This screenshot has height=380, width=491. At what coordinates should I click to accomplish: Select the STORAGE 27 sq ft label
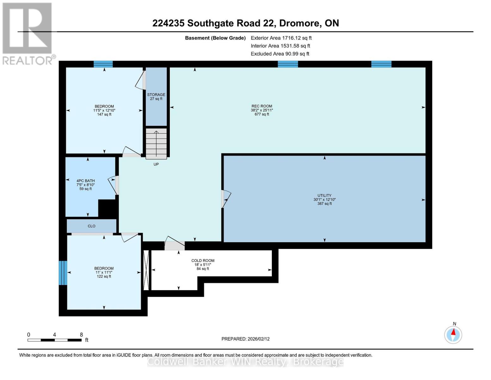[x=156, y=97]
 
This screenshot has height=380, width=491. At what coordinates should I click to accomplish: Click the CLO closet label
[x=91, y=226]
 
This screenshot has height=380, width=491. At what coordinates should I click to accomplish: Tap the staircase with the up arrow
[x=156, y=143]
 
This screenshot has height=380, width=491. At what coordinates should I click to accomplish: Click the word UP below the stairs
[x=156, y=164]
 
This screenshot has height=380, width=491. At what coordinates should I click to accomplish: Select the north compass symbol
[x=453, y=334]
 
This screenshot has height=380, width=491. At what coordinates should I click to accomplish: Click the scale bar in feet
[x=54, y=340]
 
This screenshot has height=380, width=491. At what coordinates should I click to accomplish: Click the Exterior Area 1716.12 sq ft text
[x=281, y=38]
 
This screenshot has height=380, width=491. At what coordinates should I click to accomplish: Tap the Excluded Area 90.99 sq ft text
[x=280, y=54]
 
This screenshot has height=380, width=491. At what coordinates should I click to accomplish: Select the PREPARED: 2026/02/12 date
[x=245, y=339]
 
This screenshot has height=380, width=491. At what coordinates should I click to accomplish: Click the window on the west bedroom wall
[x=63, y=273]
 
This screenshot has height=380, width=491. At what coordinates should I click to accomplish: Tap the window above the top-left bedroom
[x=103, y=64]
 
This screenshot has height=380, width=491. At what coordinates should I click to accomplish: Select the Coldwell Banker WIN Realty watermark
[x=245, y=362]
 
